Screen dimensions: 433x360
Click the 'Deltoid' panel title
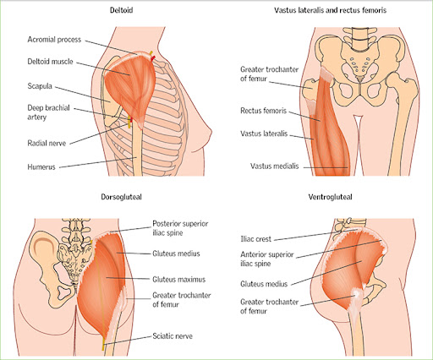[121, 10]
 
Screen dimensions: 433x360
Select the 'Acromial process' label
[54, 40]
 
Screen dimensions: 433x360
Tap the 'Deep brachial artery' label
[48, 112]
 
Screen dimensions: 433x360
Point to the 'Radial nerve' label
[47, 143]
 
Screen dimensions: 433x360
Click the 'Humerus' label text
[41, 167]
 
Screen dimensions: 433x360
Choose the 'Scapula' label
[40, 86]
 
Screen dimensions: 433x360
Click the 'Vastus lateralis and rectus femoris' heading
[330, 10]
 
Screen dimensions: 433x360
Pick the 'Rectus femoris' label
[263, 111]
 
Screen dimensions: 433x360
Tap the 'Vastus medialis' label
[274, 166]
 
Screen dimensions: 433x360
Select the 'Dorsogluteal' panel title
[121, 197]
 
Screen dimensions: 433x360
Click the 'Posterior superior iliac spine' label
[180, 228]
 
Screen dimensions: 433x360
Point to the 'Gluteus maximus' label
[178, 280]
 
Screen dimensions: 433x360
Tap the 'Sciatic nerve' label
[173, 336]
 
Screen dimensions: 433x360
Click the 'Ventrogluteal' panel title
[330, 197]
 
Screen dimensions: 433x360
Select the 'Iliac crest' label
[255, 239]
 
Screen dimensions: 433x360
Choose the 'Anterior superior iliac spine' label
[267, 259]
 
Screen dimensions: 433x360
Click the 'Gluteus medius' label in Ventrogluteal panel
[264, 284]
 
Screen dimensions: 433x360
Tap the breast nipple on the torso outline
[211, 133]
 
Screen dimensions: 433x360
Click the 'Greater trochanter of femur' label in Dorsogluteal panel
[182, 300]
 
